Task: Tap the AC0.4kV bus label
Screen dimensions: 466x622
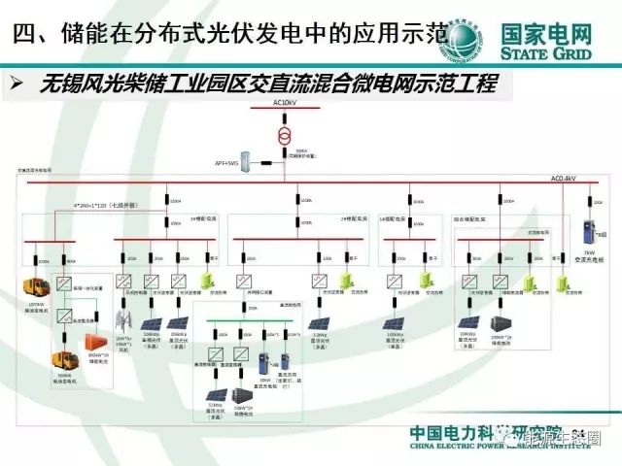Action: [x=564, y=179]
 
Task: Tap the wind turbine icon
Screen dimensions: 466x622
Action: [x=123, y=319]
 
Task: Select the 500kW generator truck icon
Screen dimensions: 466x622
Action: [x=64, y=361]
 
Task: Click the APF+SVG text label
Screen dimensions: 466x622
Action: [x=225, y=163]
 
